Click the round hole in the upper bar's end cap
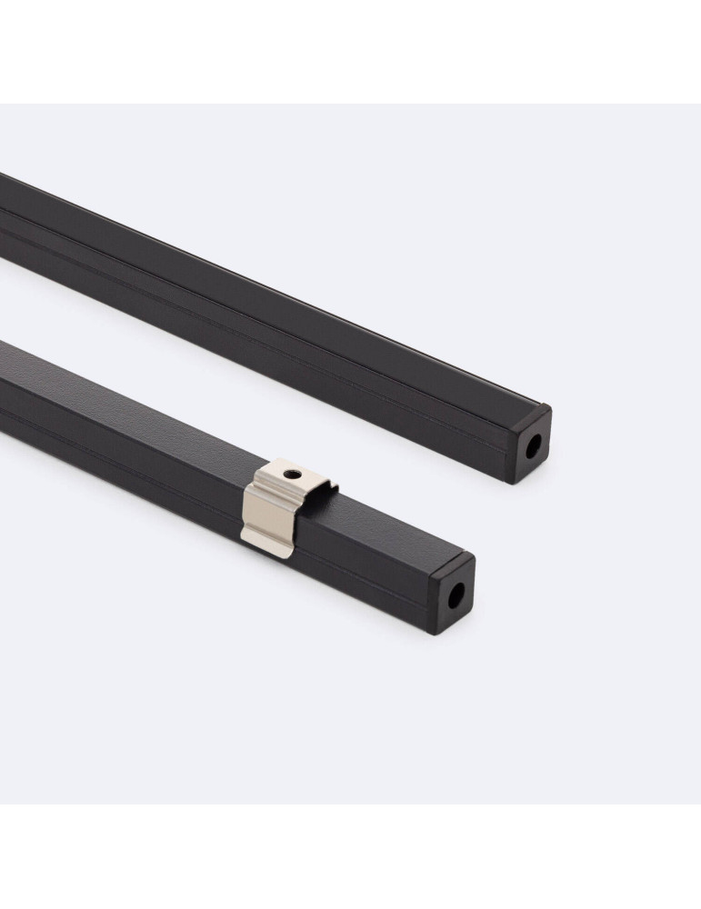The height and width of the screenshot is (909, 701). [x=532, y=445]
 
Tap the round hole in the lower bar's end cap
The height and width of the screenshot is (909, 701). [x=455, y=595]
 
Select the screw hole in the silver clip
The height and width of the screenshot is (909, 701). [x=290, y=474]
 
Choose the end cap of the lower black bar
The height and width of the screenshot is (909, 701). [x=452, y=595]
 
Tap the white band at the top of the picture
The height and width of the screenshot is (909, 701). [x=350, y=50]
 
